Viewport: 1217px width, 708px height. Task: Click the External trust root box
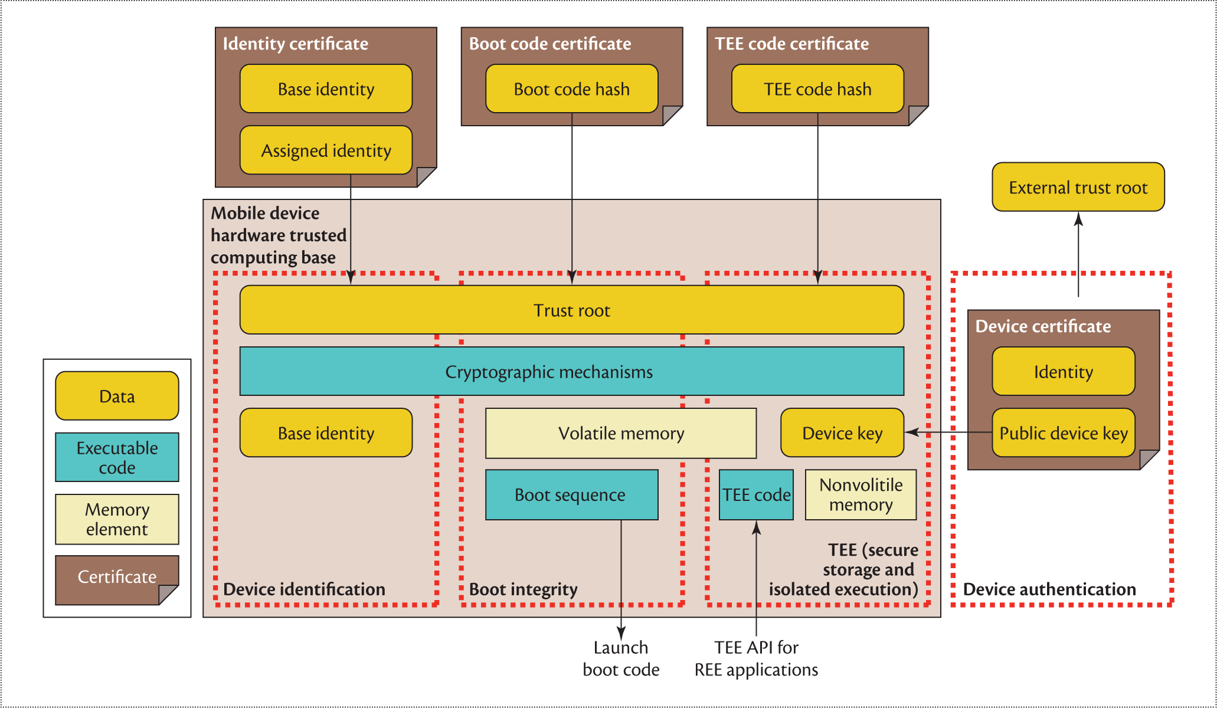coord(1078,187)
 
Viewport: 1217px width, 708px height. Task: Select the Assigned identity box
coord(326,150)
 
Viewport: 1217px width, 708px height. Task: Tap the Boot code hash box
coord(571,89)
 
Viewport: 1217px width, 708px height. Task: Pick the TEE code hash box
coord(817,89)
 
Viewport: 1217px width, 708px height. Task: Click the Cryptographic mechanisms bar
coord(571,372)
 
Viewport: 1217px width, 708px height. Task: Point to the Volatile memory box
coord(621,434)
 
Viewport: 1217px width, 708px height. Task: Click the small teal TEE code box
coord(756,495)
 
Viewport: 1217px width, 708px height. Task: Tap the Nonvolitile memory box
coord(861,495)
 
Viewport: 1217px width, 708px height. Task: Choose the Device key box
coord(842,434)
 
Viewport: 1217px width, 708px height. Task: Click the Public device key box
coord(1063,434)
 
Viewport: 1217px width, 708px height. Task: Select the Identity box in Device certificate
coord(1063,372)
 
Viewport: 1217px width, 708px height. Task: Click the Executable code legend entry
coord(117,458)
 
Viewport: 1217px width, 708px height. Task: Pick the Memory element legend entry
coord(117,519)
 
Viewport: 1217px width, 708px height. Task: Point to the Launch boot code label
coord(621,658)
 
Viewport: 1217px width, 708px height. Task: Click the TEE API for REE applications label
coord(756,658)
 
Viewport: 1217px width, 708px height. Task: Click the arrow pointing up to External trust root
coord(1078,254)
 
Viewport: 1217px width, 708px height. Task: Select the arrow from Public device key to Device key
coord(948,432)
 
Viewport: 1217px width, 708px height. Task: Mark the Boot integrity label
coord(523,589)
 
